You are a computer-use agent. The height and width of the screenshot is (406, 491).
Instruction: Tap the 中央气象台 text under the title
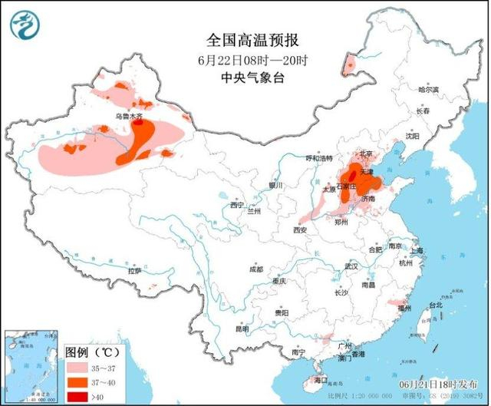(x=244, y=78)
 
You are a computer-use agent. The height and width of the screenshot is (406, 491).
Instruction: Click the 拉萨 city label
(x=135, y=270)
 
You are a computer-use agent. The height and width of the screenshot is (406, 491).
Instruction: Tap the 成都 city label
(x=256, y=269)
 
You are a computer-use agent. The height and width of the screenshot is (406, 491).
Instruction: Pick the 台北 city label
(x=436, y=305)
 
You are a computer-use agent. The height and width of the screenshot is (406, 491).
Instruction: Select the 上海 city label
(x=417, y=250)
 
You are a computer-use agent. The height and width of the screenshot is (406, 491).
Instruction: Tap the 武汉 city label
(x=352, y=266)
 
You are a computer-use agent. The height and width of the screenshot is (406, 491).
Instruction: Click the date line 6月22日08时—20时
(x=244, y=59)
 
